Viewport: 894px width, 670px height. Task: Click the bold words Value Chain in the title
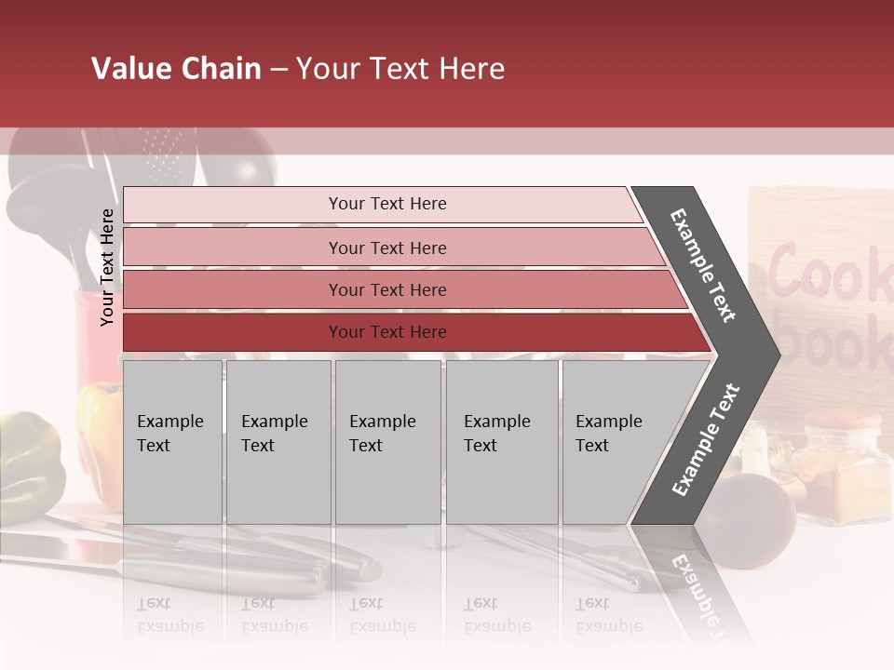coord(176,69)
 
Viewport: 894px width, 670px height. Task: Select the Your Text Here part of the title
coord(400,69)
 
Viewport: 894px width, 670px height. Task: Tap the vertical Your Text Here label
coord(107,267)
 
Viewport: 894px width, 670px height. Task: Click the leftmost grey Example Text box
coord(172,442)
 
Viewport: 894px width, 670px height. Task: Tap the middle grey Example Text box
coord(387,442)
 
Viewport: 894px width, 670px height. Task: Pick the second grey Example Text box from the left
coord(278,442)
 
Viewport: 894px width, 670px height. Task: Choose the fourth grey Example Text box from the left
coord(502,442)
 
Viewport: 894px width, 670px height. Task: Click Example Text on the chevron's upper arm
coord(703,265)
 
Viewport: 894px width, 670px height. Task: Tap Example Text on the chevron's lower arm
coord(705,440)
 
